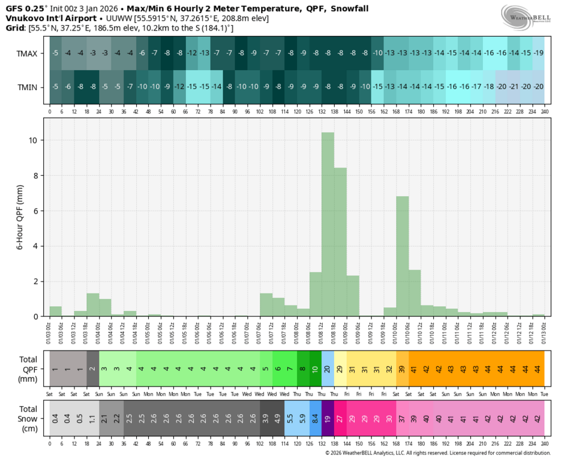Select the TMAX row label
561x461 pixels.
click(x=27, y=53)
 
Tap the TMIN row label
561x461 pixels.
click(x=27, y=87)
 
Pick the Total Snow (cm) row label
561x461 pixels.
click(x=25, y=418)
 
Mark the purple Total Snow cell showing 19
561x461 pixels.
click(x=328, y=418)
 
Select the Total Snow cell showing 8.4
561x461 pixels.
click(x=316, y=418)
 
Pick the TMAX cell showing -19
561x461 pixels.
click(x=538, y=53)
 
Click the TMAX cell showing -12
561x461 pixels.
click(x=191, y=53)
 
